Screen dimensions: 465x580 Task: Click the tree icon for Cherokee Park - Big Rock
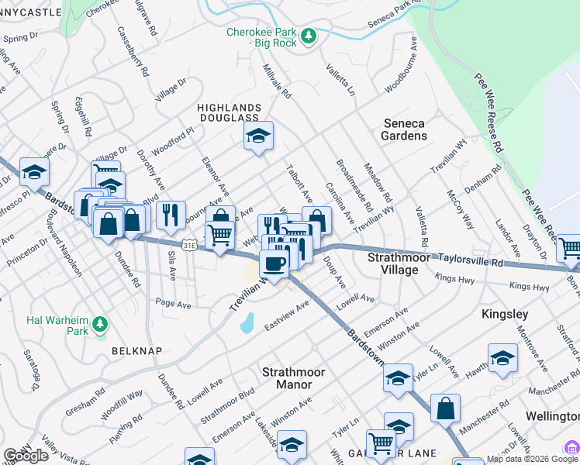pyautogui.click(x=309, y=36)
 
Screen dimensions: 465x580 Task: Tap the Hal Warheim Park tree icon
pyautogui.click(x=99, y=325)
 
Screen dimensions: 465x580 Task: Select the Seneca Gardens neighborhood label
pyautogui.click(x=404, y=129)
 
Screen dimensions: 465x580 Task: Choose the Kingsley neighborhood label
pyautogui.click(x=505, y=315)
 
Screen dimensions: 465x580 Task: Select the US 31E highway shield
pyautogui.click(x=188, y=245)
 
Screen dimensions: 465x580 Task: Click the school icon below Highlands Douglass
pyautogui.click(x=258, y=136)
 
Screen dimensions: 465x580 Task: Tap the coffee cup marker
pyautogui.click(x=274, y=265)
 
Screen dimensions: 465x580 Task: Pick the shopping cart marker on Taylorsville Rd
pyautogui.click(x=570, y=248)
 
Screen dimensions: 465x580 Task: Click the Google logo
pyautogui.click(x=26, y=456)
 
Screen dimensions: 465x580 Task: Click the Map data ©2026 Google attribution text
pyautogui.click(x=532, y=459)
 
